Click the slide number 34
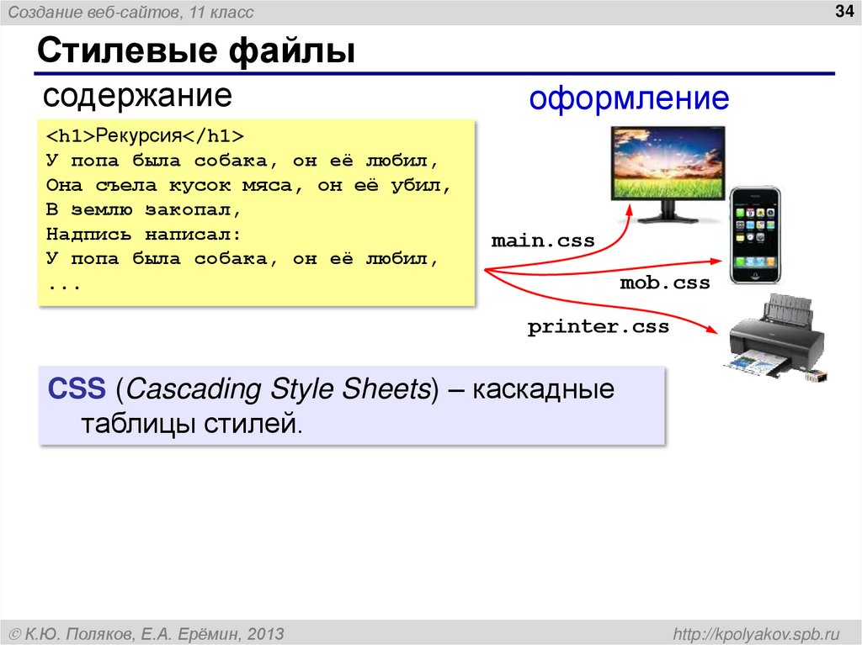tap(843, 11)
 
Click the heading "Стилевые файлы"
tap(194, 52)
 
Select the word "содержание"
tap(137, 95)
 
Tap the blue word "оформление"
tap(628, 99)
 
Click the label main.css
tap(543, 241)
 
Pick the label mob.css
tap(665, 283)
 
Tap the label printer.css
tap(598, 326)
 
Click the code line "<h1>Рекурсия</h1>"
tap(145, 135)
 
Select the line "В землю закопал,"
tap(144, 209)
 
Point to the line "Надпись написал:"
tap(144, 234)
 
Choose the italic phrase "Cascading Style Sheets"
tap(277, 389)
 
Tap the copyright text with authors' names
tap(146, 632)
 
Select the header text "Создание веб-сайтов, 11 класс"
tap(130, 13)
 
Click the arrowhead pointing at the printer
tap(717, 331)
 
